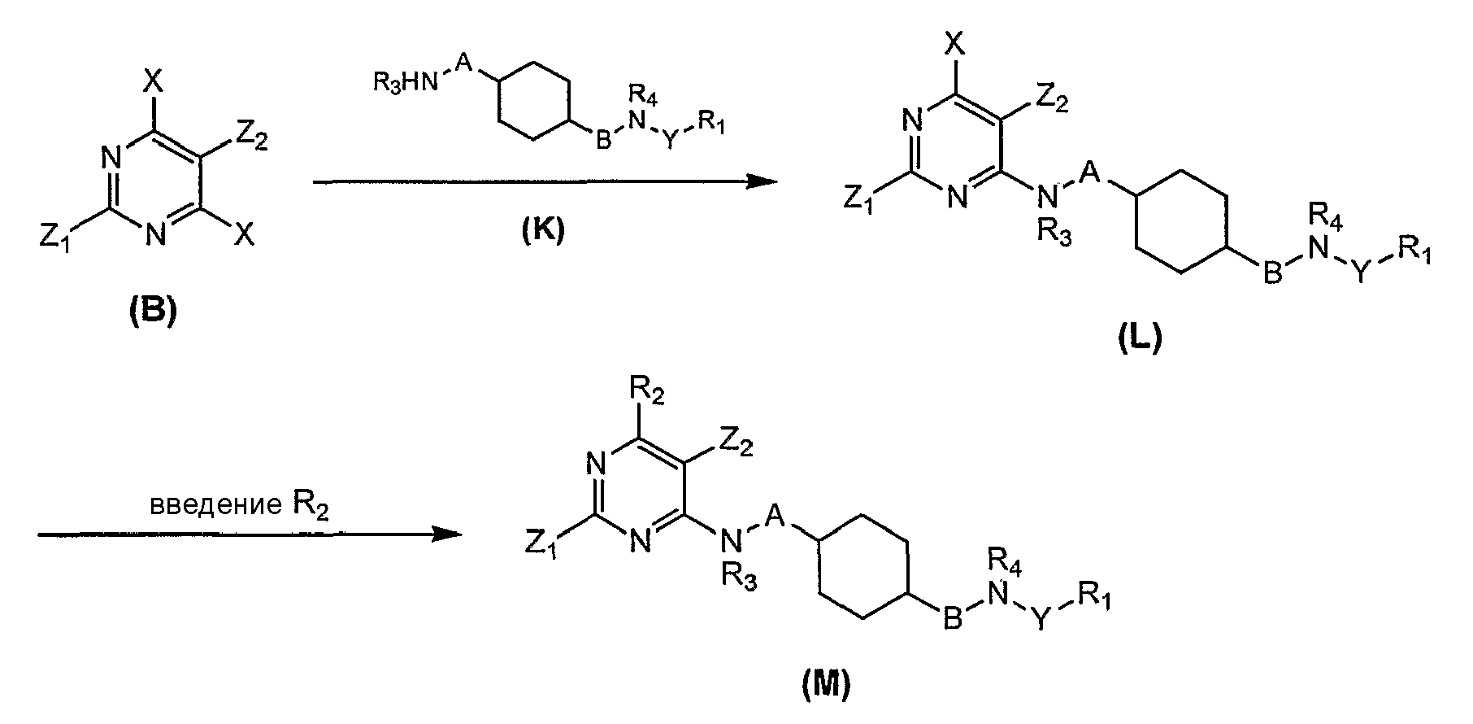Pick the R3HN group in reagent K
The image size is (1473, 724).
[405, 82]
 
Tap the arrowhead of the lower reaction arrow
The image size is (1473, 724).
[446, 534]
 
